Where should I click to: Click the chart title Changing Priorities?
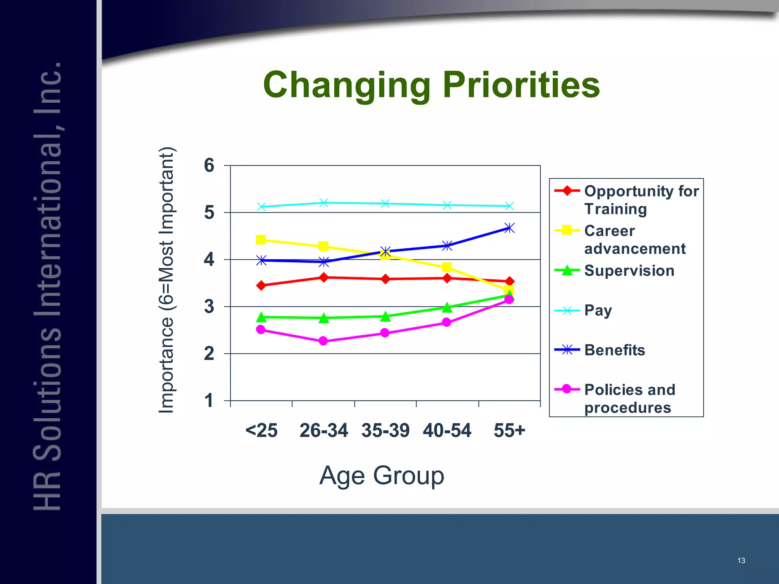431,85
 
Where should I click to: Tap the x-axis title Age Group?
382,476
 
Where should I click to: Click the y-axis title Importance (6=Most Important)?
166,280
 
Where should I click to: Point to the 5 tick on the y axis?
209,213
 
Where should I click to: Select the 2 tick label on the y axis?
209,354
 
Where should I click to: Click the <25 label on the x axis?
261,431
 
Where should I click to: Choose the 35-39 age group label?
385,431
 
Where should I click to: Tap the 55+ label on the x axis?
509,431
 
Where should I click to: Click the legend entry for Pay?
598,311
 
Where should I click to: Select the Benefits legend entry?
614,350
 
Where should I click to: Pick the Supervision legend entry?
629,271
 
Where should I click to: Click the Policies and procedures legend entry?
630,398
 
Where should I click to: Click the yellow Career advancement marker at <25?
261,240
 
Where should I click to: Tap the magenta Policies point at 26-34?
323,341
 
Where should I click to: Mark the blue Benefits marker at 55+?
509,228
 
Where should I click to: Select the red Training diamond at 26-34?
324,278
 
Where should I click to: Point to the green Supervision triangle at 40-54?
447,307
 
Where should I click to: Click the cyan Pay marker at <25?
261,207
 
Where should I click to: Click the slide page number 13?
741,560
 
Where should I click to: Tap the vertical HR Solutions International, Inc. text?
48,285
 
